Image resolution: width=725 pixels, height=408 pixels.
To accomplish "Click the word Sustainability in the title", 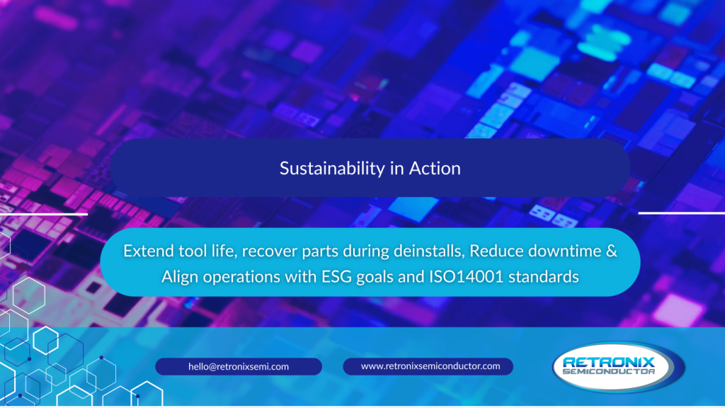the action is (332, 169).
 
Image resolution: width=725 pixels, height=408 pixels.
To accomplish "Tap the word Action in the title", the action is (435, 169).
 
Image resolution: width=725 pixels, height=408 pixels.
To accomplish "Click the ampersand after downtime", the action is (611, 251).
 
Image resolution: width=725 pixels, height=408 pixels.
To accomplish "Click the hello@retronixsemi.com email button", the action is (239, 366).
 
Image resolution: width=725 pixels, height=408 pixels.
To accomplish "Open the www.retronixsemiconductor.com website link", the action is (428, 366).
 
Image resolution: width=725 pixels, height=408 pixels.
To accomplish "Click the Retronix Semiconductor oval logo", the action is (619, 367).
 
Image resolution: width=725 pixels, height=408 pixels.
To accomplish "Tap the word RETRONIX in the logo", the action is (610, 362).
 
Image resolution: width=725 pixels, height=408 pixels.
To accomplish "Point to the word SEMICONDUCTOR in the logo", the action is (608, 371).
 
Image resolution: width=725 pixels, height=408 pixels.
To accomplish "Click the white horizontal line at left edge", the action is (44, 214).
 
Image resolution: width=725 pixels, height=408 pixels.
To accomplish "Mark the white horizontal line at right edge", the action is (682, 213).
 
